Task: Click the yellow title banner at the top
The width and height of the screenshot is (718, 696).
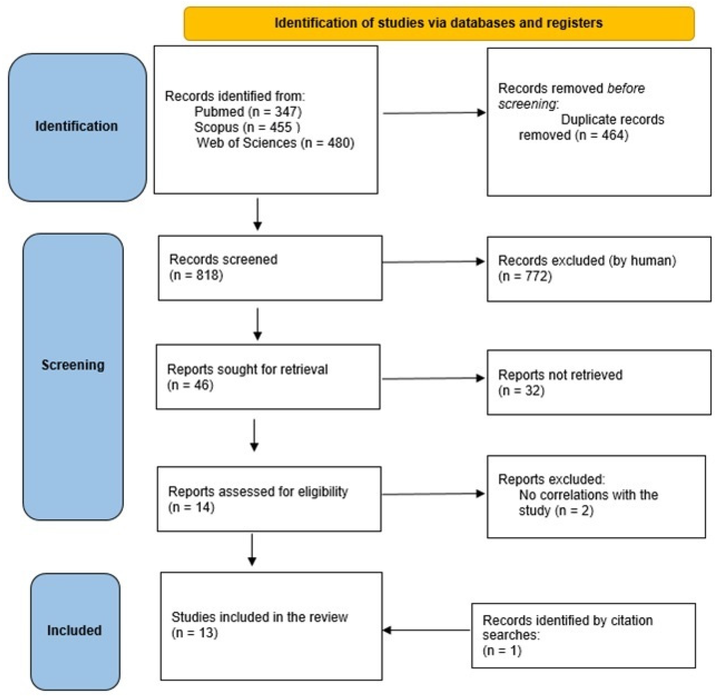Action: point(438,23)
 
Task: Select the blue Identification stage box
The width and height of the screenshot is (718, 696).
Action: point(77,127)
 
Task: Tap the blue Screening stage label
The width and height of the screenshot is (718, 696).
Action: point(73,365)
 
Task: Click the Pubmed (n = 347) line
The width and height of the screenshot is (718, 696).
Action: point(248,112)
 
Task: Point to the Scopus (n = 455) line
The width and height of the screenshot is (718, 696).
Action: point(247,127)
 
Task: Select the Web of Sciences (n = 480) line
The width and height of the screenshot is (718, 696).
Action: point(275,143)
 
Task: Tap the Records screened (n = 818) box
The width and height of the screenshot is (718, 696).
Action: point(270,268)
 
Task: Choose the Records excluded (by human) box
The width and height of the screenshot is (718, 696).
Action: point(598,269)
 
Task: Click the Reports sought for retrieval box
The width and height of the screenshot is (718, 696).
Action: point(268,377)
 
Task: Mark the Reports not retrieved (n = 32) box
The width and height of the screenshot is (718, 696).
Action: point(598,382)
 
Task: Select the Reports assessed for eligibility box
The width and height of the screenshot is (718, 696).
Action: point(269,499)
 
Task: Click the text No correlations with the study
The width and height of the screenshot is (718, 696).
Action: point(588,502)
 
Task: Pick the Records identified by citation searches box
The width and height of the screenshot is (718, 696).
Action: point(583,635)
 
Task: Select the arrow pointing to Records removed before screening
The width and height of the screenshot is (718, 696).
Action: point(434,113)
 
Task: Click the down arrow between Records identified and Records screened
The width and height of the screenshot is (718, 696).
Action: point(258,214)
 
